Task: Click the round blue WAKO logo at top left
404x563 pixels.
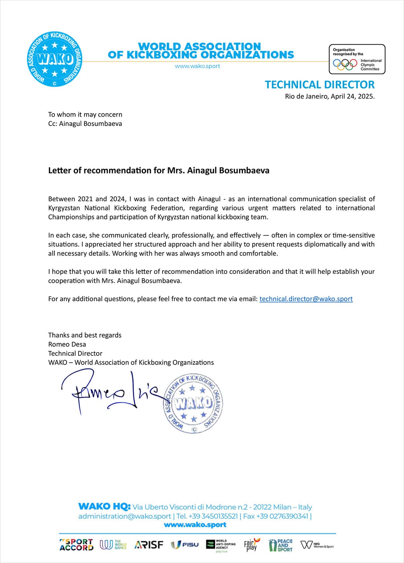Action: [54, 59]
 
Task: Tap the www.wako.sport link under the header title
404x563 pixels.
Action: [197, 66]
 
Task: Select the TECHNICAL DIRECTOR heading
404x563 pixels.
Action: [320, 85]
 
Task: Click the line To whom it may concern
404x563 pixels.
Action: [85, 115]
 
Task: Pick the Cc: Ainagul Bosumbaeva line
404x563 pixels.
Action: [85, 124]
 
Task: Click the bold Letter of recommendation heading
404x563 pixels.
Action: [158, 170]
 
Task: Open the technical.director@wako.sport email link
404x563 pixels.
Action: [306, 299]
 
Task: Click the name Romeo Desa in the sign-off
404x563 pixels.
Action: [67, 344]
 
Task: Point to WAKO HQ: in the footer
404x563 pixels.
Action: [104, 507]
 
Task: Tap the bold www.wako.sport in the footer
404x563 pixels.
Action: [195, 525]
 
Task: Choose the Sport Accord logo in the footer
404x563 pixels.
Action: [76, 545]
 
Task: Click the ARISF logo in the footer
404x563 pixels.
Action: [149, 545]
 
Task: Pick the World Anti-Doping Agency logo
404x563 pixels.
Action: [221, 545]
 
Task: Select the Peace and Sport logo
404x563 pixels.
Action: [281, 545]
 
